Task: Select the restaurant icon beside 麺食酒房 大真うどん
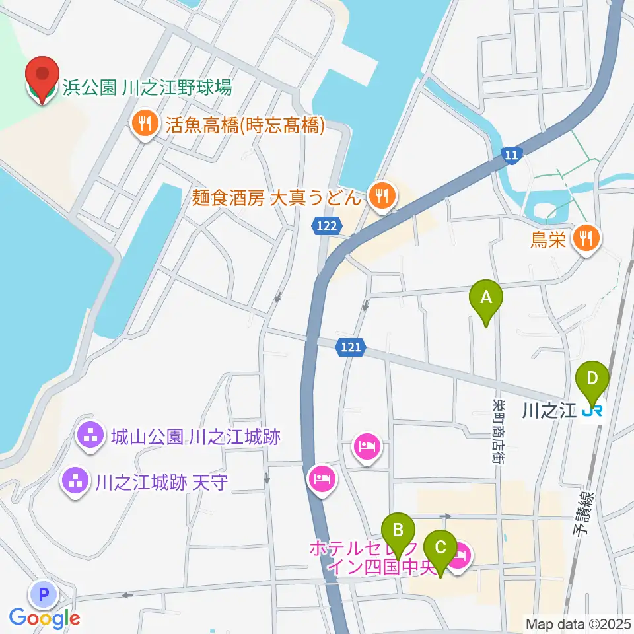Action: click(382, 195)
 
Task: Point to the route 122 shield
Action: click(327, 227)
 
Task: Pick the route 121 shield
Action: click(351, 346)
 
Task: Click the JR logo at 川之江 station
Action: click(592, 411)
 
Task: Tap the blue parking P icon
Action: click(44, 595)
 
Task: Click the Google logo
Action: click(45, 618)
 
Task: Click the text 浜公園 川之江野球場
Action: click(147, 87)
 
